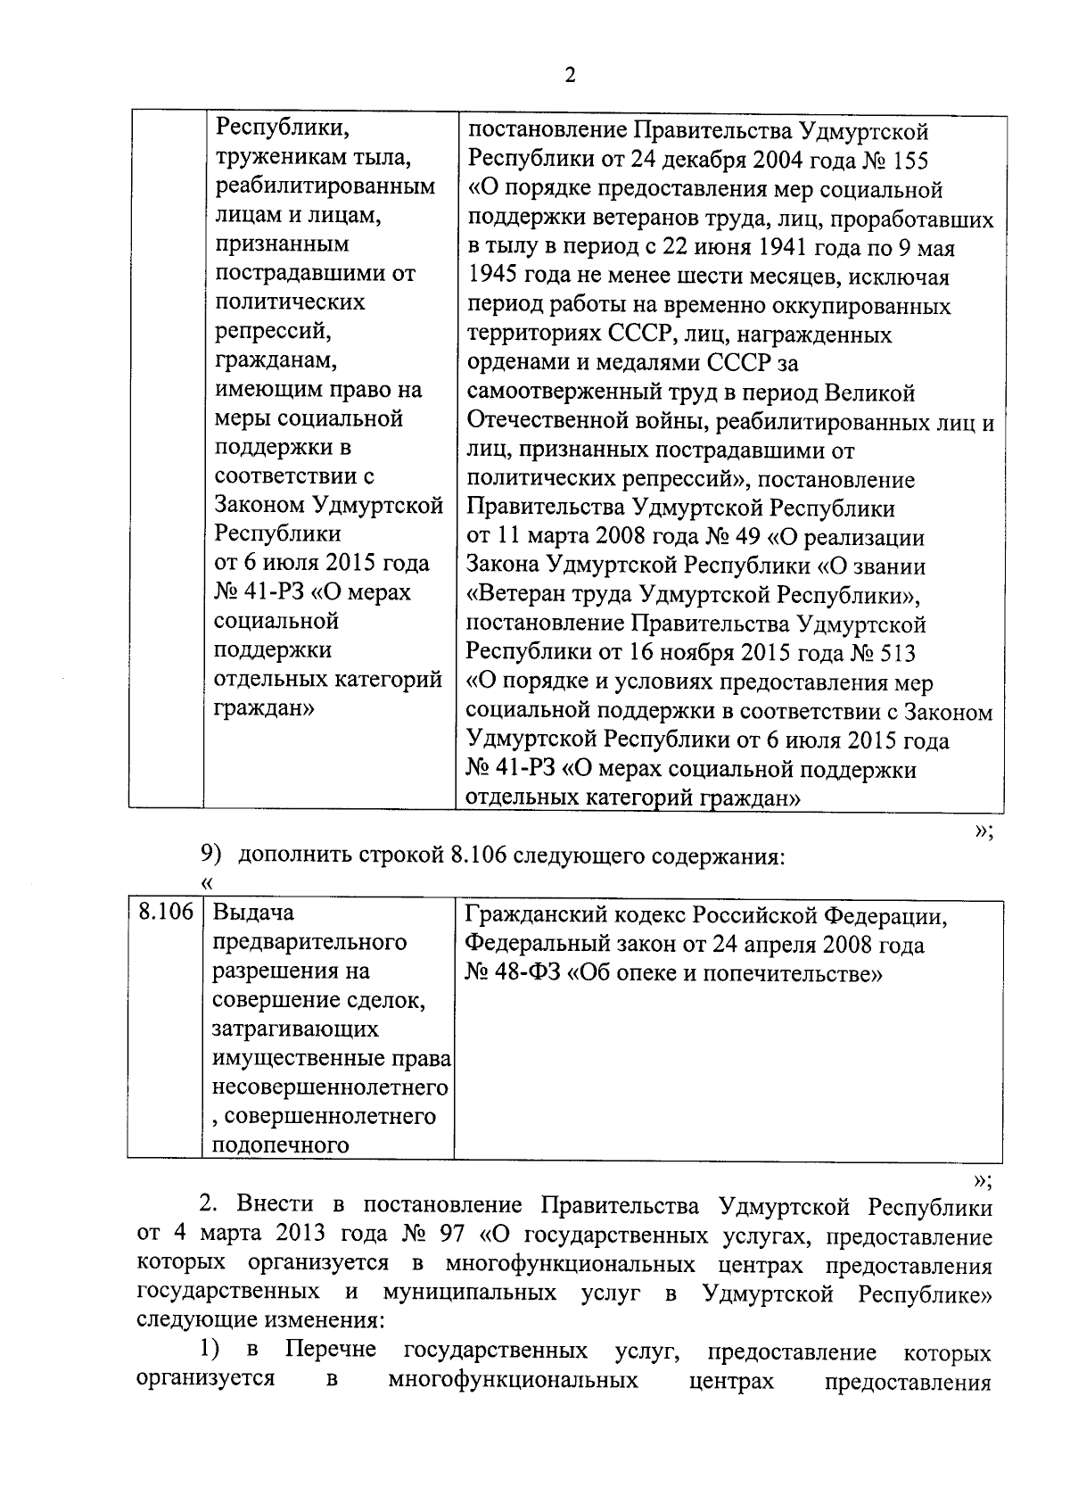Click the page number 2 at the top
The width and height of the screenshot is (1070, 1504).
pyautogui.click(x=570, y=75)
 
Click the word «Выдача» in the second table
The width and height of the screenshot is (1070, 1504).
pyautogui.click(x=254, y=913)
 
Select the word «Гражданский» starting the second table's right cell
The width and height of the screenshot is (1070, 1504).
pyautogui.click(x=542, y=915)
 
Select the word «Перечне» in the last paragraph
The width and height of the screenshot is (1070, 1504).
pyautogui.click(x=331, y=1351)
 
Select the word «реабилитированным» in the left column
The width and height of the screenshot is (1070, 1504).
pyautogui.click(x=325, y=186)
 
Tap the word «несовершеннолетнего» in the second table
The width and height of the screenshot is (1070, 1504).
pyautogui.click(x=330, y=1087)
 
